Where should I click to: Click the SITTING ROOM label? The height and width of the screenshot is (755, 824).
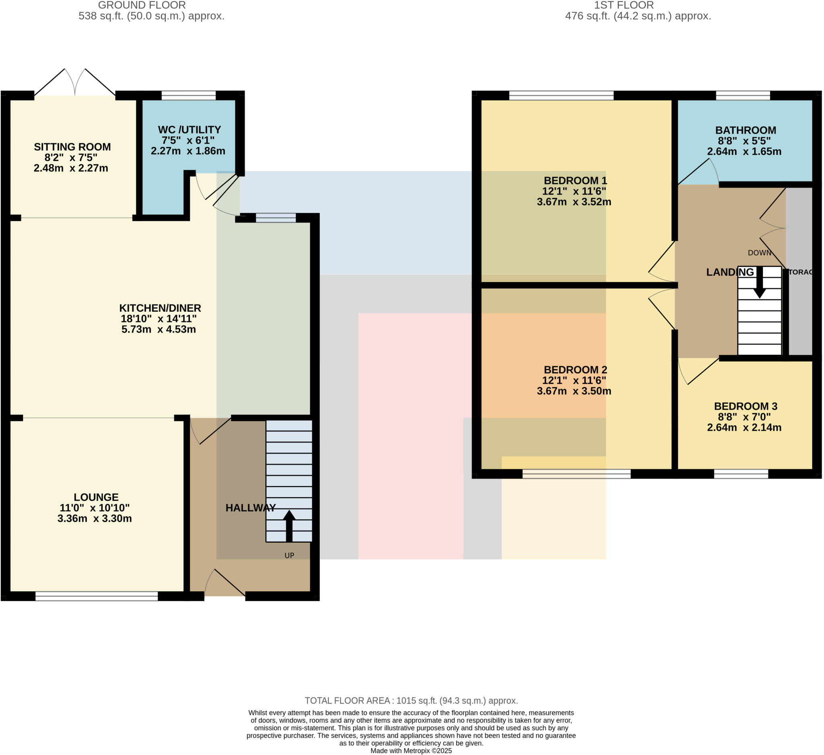tap(72, 147)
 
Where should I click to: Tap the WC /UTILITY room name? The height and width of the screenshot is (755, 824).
tap(189, 130)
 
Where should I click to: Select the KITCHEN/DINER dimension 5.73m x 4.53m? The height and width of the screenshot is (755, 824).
tap(159, 329)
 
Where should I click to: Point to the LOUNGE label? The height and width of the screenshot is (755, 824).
tap(96, 497)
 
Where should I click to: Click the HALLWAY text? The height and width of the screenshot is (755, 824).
tap(251, 508)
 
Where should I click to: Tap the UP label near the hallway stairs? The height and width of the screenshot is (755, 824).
tap(289, 555)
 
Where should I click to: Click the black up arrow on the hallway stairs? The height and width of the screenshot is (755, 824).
tap(289, 525)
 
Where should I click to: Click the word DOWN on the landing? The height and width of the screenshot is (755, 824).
tap(759, 253)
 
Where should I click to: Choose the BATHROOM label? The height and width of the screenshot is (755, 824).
tap(746, 130)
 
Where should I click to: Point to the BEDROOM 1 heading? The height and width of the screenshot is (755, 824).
tap(575, 181)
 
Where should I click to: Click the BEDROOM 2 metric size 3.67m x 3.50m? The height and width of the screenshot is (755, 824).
tap(574, 391)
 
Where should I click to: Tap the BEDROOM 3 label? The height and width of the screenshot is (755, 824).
tap(746, 406)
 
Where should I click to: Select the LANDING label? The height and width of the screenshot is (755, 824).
tap(730, 272)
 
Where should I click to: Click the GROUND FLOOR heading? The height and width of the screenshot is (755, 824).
tap(142, 5)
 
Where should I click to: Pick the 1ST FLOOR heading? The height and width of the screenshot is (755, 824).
tap(624, 5)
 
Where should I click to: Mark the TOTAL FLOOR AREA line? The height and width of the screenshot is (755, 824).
tap(411, 701)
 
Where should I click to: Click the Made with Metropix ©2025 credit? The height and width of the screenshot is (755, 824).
tap(411, 751)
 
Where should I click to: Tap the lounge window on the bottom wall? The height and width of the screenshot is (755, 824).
tap(97, 596)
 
